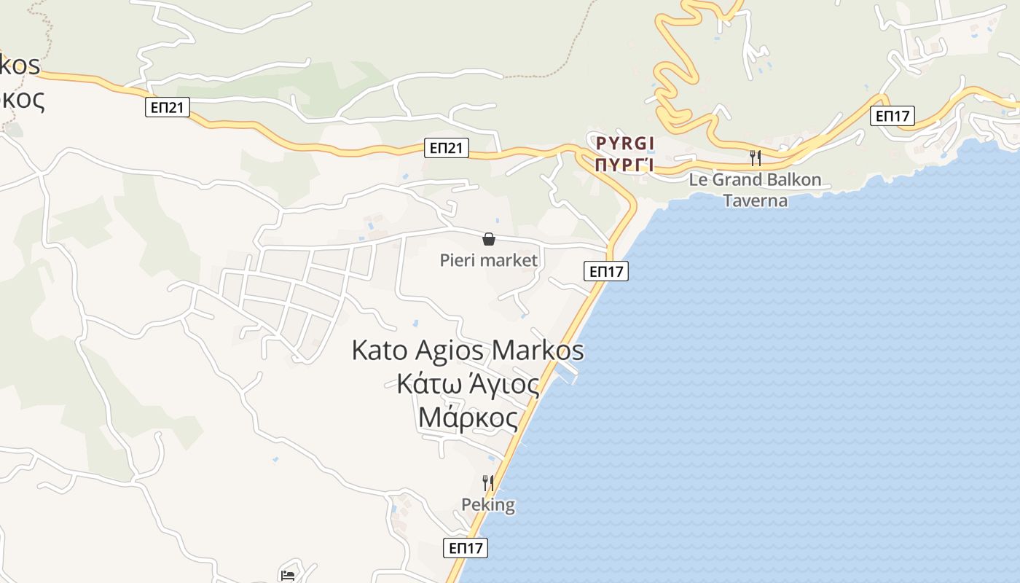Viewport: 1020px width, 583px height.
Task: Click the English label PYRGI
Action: pos(625,142)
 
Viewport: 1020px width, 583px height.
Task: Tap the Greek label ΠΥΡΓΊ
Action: pos(624,164)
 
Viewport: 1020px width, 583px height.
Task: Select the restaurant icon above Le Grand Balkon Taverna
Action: pos(756,157)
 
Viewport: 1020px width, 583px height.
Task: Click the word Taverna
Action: pos(755,200)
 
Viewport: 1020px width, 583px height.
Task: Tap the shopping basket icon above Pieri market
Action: pos(489,239)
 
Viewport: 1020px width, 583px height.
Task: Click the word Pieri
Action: pos(456,260)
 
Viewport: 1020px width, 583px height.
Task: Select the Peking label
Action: pos(488,504)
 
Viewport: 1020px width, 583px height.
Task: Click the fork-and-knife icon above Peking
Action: pos(488,482)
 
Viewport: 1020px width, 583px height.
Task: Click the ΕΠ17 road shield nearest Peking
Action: pos(466,548)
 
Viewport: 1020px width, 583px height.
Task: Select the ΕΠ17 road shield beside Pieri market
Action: pos(606,271)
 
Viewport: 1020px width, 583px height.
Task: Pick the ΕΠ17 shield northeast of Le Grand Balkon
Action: pos(892,115)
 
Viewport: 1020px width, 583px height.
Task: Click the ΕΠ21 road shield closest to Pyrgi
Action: pos(446,148)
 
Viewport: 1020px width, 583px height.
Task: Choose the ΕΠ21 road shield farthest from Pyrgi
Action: pos(167,108)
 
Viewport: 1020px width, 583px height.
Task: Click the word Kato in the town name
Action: pos(380,350)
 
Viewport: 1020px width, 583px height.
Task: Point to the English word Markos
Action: pos(538,350)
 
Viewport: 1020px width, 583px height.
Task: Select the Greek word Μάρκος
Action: pos(468,418)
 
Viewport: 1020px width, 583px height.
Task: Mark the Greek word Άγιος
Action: pos(504,384)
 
